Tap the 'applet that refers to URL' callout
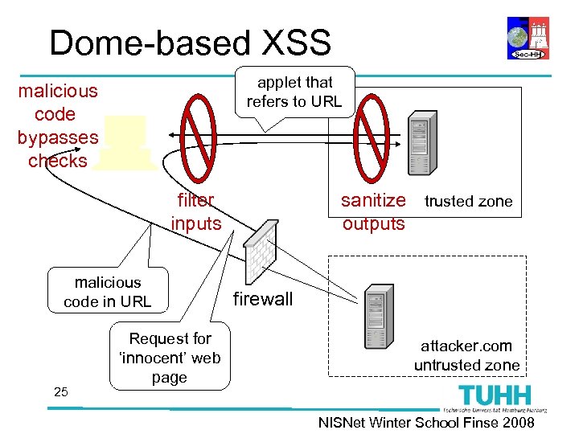[x=294, y=92]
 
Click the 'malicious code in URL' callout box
[x=108, y=292]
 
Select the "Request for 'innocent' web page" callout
[x=170, y=358]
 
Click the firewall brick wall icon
[x=258, y=251]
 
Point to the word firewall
[x=263, y=300]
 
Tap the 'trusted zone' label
[x=468, y=202]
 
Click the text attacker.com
[x=466, y=346]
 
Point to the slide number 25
[x=60, y=391]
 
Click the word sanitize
[x=373, y=200]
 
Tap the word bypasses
[x=57, y=137]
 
